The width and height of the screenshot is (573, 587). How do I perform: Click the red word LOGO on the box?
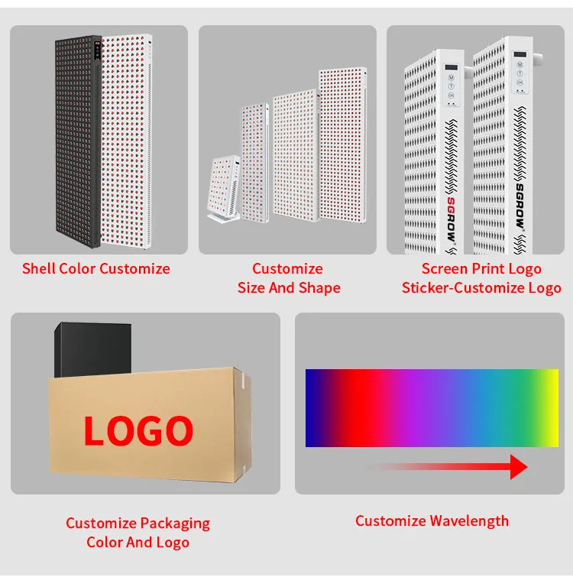pyautogui.click(x=138, y=432)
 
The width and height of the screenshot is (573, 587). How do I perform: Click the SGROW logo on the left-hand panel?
pyautogui.click(x=451, y=225)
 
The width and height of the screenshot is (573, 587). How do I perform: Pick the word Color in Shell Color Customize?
pyautogui.click(x=75, y=268)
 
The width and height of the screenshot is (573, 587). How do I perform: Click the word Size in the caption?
pyautogui.click(x=251, y=288)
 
